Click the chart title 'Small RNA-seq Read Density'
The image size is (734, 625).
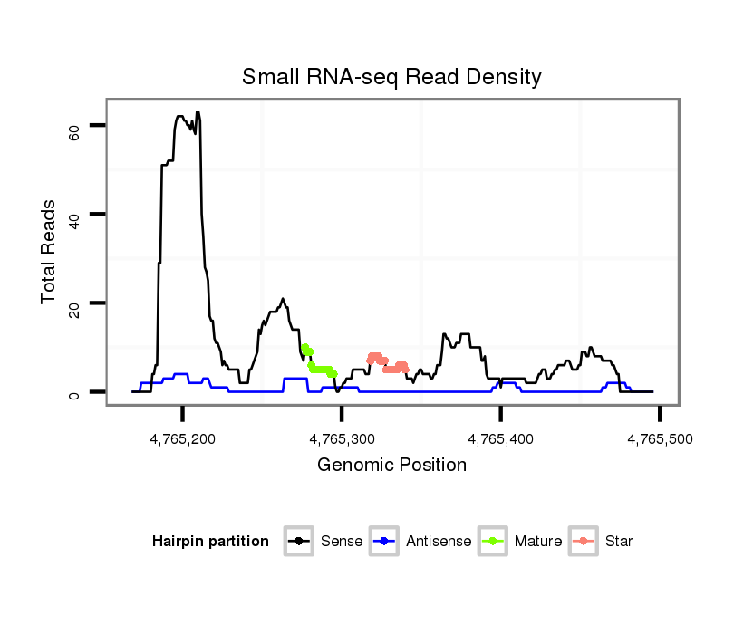[391, 77]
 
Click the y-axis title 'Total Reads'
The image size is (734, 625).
[50, 251]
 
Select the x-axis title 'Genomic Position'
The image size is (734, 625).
[391, 466]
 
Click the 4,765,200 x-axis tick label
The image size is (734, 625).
[183, 438]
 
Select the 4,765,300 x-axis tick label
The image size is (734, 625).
[342, 438]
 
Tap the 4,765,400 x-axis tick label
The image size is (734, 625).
[501, 438]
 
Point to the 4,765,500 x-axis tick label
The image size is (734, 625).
[660, 438]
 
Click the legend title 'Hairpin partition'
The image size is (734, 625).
[210, 542]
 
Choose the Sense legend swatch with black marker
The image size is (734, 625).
[298, 542]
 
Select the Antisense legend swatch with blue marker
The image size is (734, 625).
[384, 542]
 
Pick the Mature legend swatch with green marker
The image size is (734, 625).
[492, 542]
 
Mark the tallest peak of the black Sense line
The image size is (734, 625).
[198, 112]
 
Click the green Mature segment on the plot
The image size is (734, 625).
[319, 369]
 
